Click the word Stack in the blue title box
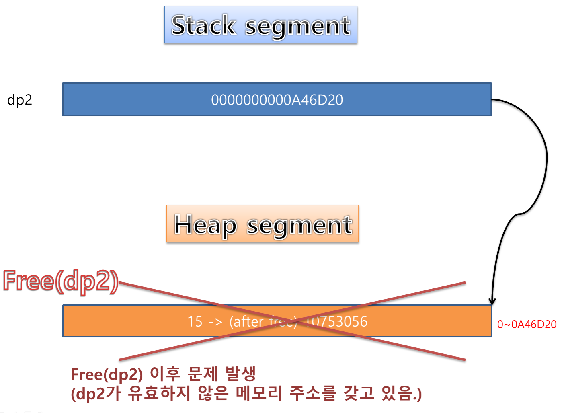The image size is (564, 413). click(203, 25)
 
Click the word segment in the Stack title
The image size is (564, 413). click(297, 26)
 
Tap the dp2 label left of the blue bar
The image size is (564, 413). click(19, 100)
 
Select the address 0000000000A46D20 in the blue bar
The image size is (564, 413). click(277, 100)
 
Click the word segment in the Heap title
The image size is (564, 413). click(299, 225)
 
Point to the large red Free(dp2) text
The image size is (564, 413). click(61, 280)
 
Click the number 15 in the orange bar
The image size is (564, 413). click(195, 321)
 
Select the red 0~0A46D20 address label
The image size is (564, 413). click(527, 324)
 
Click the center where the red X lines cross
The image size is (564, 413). click(292, 321)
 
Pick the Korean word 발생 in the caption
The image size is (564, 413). click(240, 374)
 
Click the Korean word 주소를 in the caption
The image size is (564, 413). click(312, 393)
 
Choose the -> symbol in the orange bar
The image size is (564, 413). click(215, 321)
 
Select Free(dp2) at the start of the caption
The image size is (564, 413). click(107, 374)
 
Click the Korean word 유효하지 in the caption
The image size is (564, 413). click(159, 393)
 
